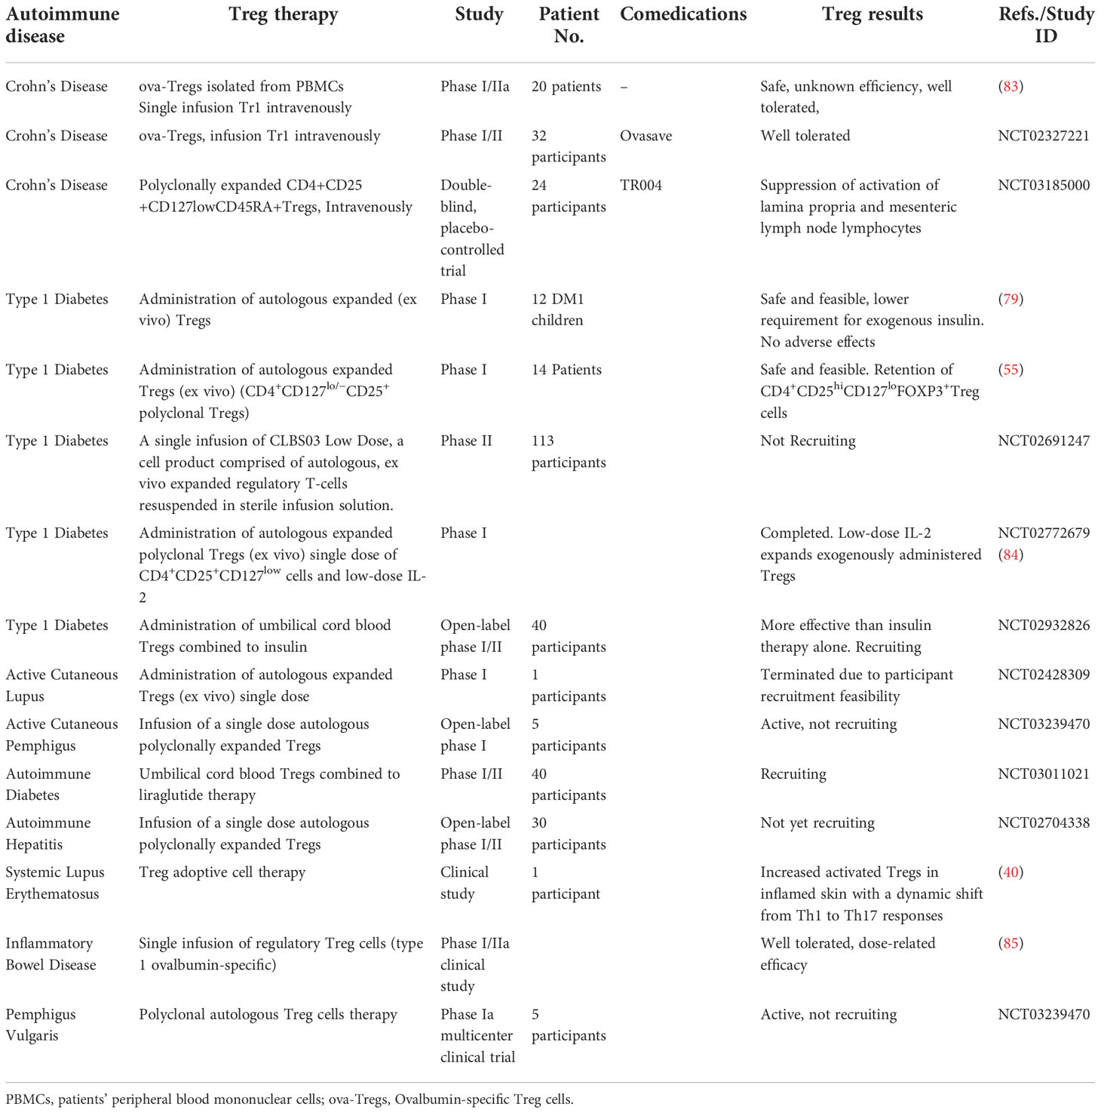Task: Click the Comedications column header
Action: [683, 14]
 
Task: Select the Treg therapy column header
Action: [283, 14]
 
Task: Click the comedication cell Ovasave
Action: [646, 136]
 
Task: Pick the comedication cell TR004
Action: [641, 185]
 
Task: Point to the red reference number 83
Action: [1011, 86]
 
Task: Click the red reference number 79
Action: [1011, 299]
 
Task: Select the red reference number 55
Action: [1011, 370]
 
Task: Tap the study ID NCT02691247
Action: [1044, 441]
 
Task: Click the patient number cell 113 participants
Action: [568, 451]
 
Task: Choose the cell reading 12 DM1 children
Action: [557, 309]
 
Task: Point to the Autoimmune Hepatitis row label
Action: [48, 833]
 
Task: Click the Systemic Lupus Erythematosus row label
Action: [55, 883]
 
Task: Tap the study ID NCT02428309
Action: [1044, 675]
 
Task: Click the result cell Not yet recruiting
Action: [817, 822]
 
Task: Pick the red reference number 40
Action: [1011, 872]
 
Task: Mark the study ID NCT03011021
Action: [1044, 773]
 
